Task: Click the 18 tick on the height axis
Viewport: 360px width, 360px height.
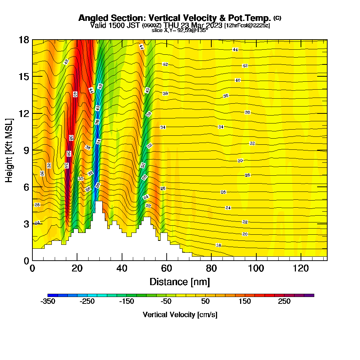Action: coord(24,40)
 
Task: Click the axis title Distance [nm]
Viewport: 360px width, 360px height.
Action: coord(180,282)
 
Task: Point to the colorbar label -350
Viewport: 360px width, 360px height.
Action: coord(48,302)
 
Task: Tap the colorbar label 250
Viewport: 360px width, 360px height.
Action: coord(284,302)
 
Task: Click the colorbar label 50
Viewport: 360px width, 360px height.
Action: coord(206,302)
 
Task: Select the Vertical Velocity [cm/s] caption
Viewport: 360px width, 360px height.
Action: coord(180,315)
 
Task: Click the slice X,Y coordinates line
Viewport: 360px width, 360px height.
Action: coord(180,30)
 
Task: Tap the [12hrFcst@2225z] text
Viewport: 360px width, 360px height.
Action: coord(247,25)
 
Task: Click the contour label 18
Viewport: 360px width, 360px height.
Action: coord(219,245)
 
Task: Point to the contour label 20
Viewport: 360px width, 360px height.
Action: coord(245,234)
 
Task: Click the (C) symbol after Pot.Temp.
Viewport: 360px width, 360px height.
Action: coord(278,18)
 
